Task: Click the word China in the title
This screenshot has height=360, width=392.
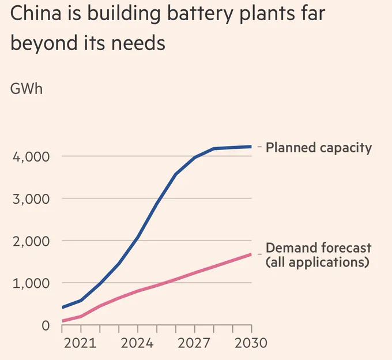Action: pyautogui.click(x=39, y=14)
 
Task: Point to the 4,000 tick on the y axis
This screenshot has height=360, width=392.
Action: pyautogui.click(x=32, y=156)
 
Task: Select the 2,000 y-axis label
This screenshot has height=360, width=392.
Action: pyautogui.click(x=32, y=241)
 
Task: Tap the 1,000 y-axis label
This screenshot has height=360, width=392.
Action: pyautogui.click(x=32, y=283)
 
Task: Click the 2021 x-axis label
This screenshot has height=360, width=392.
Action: pyautogui.click(x=81, y=343)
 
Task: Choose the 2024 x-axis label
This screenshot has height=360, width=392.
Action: pyautogui.click(x=137, y=343)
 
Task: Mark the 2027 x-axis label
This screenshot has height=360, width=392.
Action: pyautogui.click(x=194, y=343)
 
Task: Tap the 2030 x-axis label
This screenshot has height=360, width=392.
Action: pyautogui.click(x=251, y=343)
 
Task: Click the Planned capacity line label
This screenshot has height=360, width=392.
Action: pyautogui.click(x=319, y=148)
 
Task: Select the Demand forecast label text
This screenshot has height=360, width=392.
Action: pyautogui.click(x=318, y=248)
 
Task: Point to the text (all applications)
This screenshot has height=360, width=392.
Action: pyautogui.click(x=317, y=262)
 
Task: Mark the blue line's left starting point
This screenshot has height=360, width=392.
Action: pyautogui.click(x=62, y=307)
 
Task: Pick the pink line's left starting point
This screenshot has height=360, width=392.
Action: pyautogui.click(x=62, y=321)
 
